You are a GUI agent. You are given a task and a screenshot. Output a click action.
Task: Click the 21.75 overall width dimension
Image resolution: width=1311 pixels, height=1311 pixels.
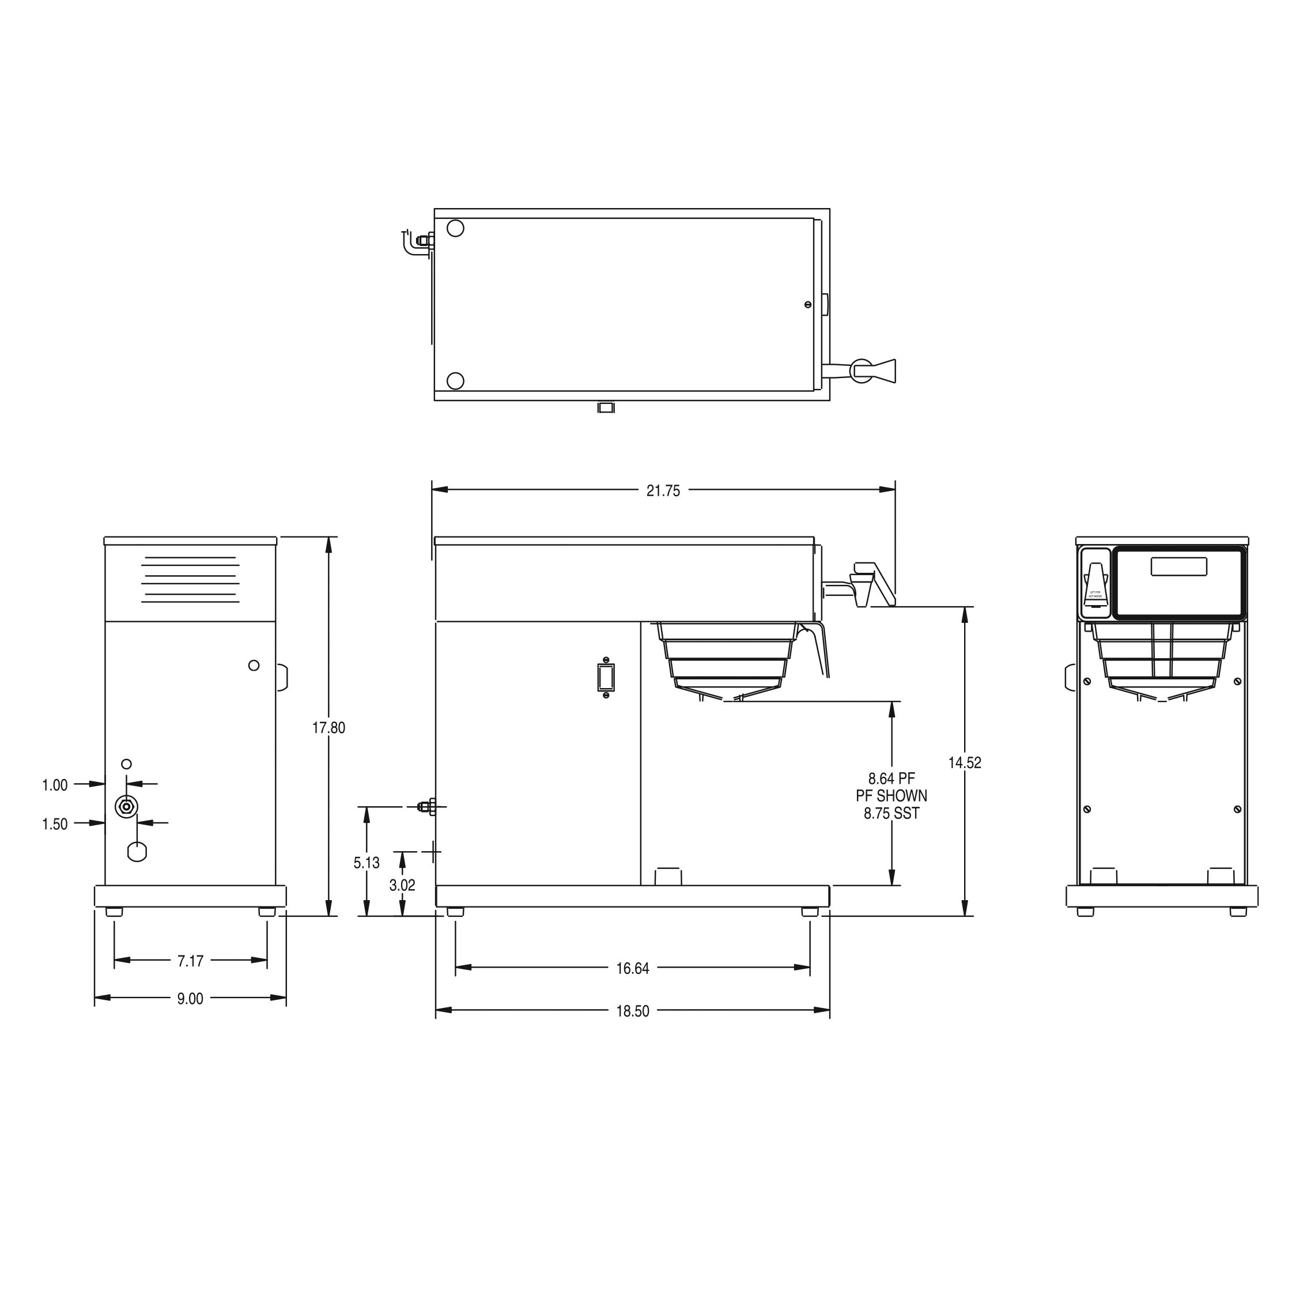pyautogui.click(x=662, y=490)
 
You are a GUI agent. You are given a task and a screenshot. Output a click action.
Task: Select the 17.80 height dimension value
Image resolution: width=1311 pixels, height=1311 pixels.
pyautogui.click(x=328, y=728)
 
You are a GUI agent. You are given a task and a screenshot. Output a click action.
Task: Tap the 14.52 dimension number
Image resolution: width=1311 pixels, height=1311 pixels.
pyautogui.click(x=964, y=763)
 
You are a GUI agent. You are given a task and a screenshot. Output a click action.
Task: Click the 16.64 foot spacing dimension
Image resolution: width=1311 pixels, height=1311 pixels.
pyautogui.click(x=632, y=968)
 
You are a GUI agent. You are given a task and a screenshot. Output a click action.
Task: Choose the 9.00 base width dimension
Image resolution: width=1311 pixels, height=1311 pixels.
pyautogui.click(x=190, y=998)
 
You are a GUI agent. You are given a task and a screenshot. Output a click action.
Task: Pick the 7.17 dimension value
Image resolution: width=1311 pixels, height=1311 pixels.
pyautogui.click(x=190, y=961)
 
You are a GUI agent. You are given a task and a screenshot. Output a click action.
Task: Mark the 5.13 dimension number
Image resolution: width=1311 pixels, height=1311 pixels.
pyautogui.click(x=367, y=863)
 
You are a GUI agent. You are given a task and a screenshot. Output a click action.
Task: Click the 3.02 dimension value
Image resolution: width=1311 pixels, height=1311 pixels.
pyautogui.click(x=402, y=886)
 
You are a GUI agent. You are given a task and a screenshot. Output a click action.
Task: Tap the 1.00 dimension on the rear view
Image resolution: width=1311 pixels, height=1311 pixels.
pyautogui.click(x=55, y=785)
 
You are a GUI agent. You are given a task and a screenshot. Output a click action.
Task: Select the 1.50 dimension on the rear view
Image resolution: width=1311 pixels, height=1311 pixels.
pyautogui.click(x=55, y=824)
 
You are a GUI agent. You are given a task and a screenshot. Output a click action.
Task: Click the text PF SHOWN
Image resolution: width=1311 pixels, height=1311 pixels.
pyautogui.click(x=891, y=795)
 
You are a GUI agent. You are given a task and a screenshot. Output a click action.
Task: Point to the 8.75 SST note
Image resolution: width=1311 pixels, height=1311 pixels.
pyautogui.click(x=891, y=813)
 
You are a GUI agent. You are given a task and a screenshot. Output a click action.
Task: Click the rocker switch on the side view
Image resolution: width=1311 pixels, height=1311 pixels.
pyautogui.click(x=606, y=677)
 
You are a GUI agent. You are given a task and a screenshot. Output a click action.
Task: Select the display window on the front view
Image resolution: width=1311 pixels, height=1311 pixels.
pyautogui.click(x=1178, y=566)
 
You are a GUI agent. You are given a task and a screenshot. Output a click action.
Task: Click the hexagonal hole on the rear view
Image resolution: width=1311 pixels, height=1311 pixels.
pyautogui.click(x=137, y=852)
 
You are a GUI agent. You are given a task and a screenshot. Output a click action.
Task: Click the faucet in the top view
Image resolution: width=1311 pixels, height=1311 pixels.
pyautogui.click(x=868, y=370)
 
